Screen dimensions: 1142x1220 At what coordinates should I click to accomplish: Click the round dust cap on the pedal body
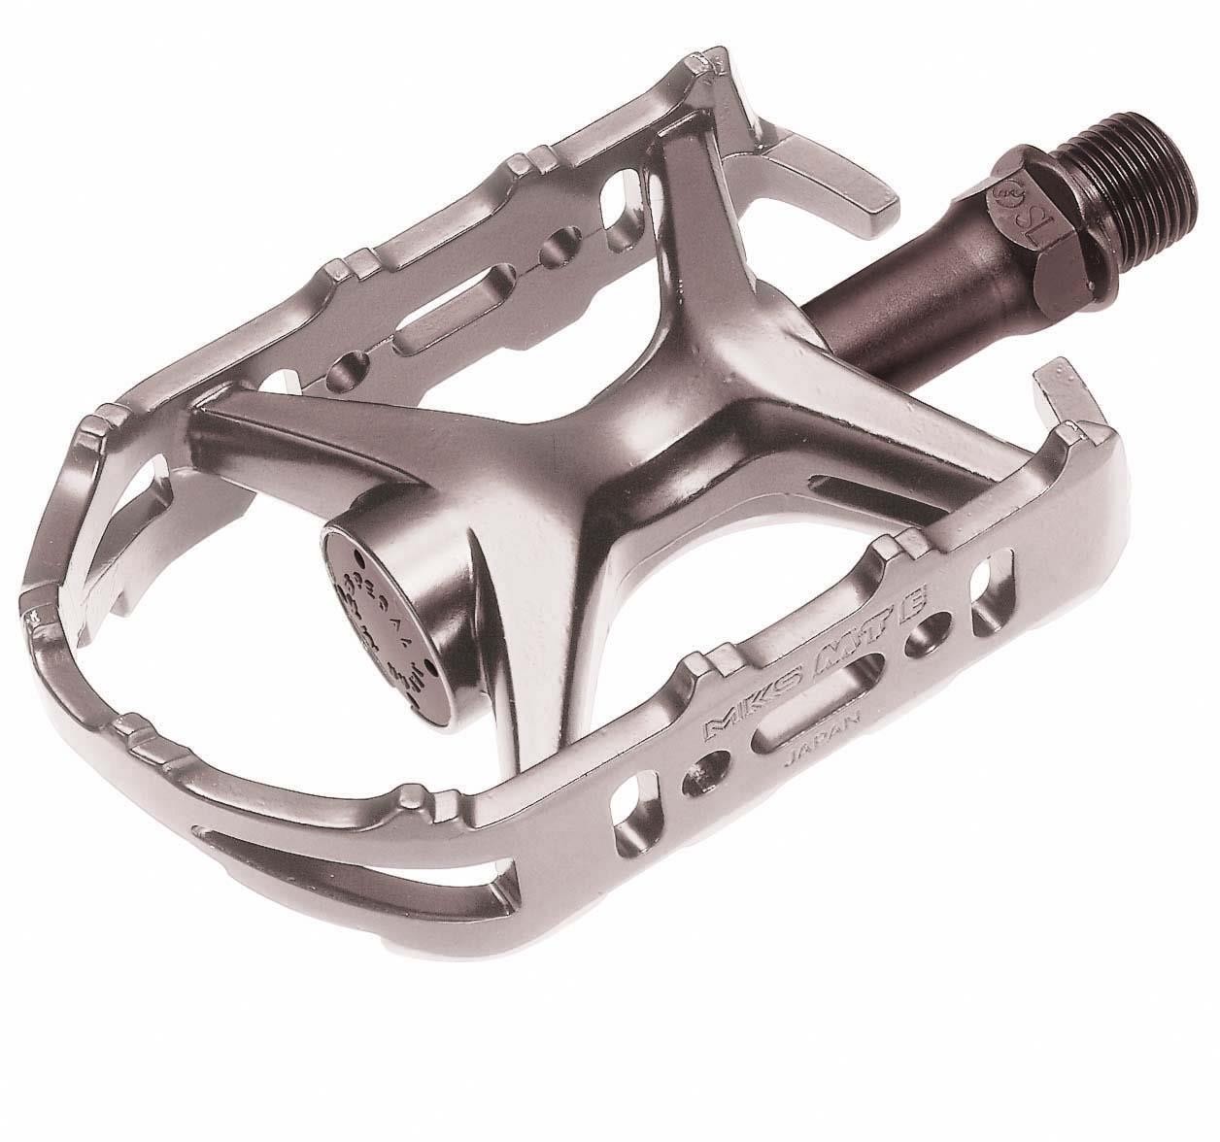(389, 592)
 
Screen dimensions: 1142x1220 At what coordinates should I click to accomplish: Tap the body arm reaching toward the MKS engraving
(622, 583)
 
